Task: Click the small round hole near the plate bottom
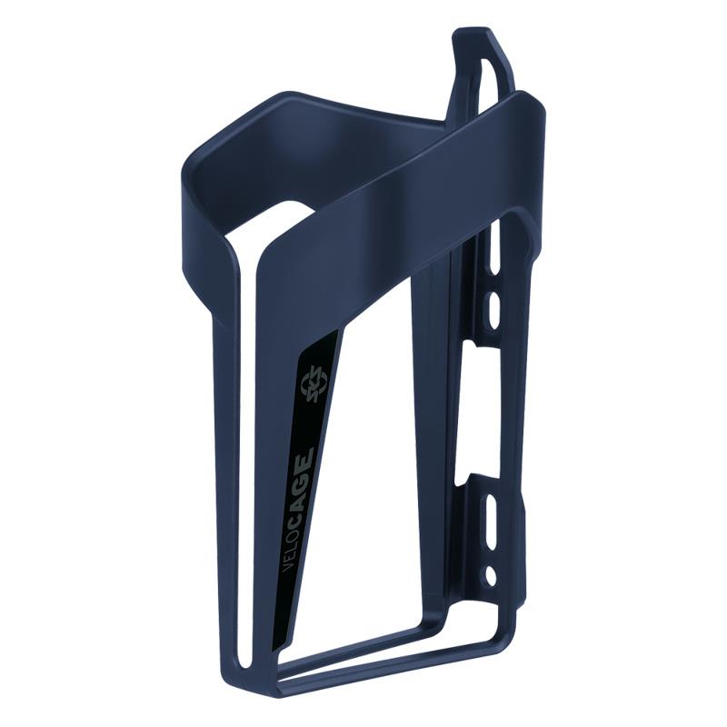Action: click(492, 574)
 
